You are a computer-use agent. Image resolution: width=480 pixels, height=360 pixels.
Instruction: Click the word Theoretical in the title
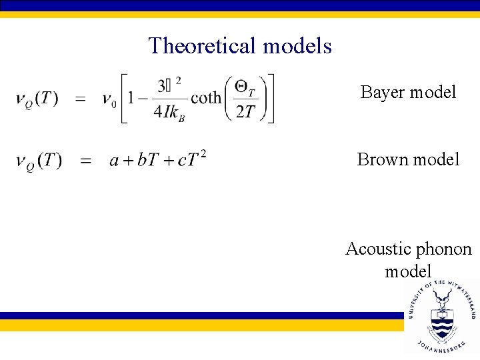click(203, 45)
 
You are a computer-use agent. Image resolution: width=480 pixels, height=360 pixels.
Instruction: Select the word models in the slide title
click(297, 45)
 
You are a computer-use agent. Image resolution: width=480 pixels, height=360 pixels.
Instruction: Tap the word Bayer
click(381, 92)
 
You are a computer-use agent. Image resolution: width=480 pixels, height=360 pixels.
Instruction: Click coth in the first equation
click(206, 98)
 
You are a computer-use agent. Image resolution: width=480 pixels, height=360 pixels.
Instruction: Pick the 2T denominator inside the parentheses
click(245, 112)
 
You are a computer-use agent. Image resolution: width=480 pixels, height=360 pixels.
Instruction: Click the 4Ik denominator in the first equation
click(168, 112)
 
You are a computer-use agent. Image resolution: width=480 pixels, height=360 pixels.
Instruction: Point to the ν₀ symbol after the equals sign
click(109, 99)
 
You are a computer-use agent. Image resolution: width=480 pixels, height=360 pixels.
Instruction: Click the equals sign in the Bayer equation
click(80, 99)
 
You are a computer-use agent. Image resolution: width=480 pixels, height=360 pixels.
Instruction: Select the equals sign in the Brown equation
click(85, 161)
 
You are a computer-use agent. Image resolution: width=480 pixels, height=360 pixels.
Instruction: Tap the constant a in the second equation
click(114, 161)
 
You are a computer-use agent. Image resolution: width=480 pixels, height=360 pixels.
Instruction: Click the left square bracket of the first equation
click(123, 99)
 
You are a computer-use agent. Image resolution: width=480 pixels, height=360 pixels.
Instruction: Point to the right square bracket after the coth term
click(270, 99)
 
